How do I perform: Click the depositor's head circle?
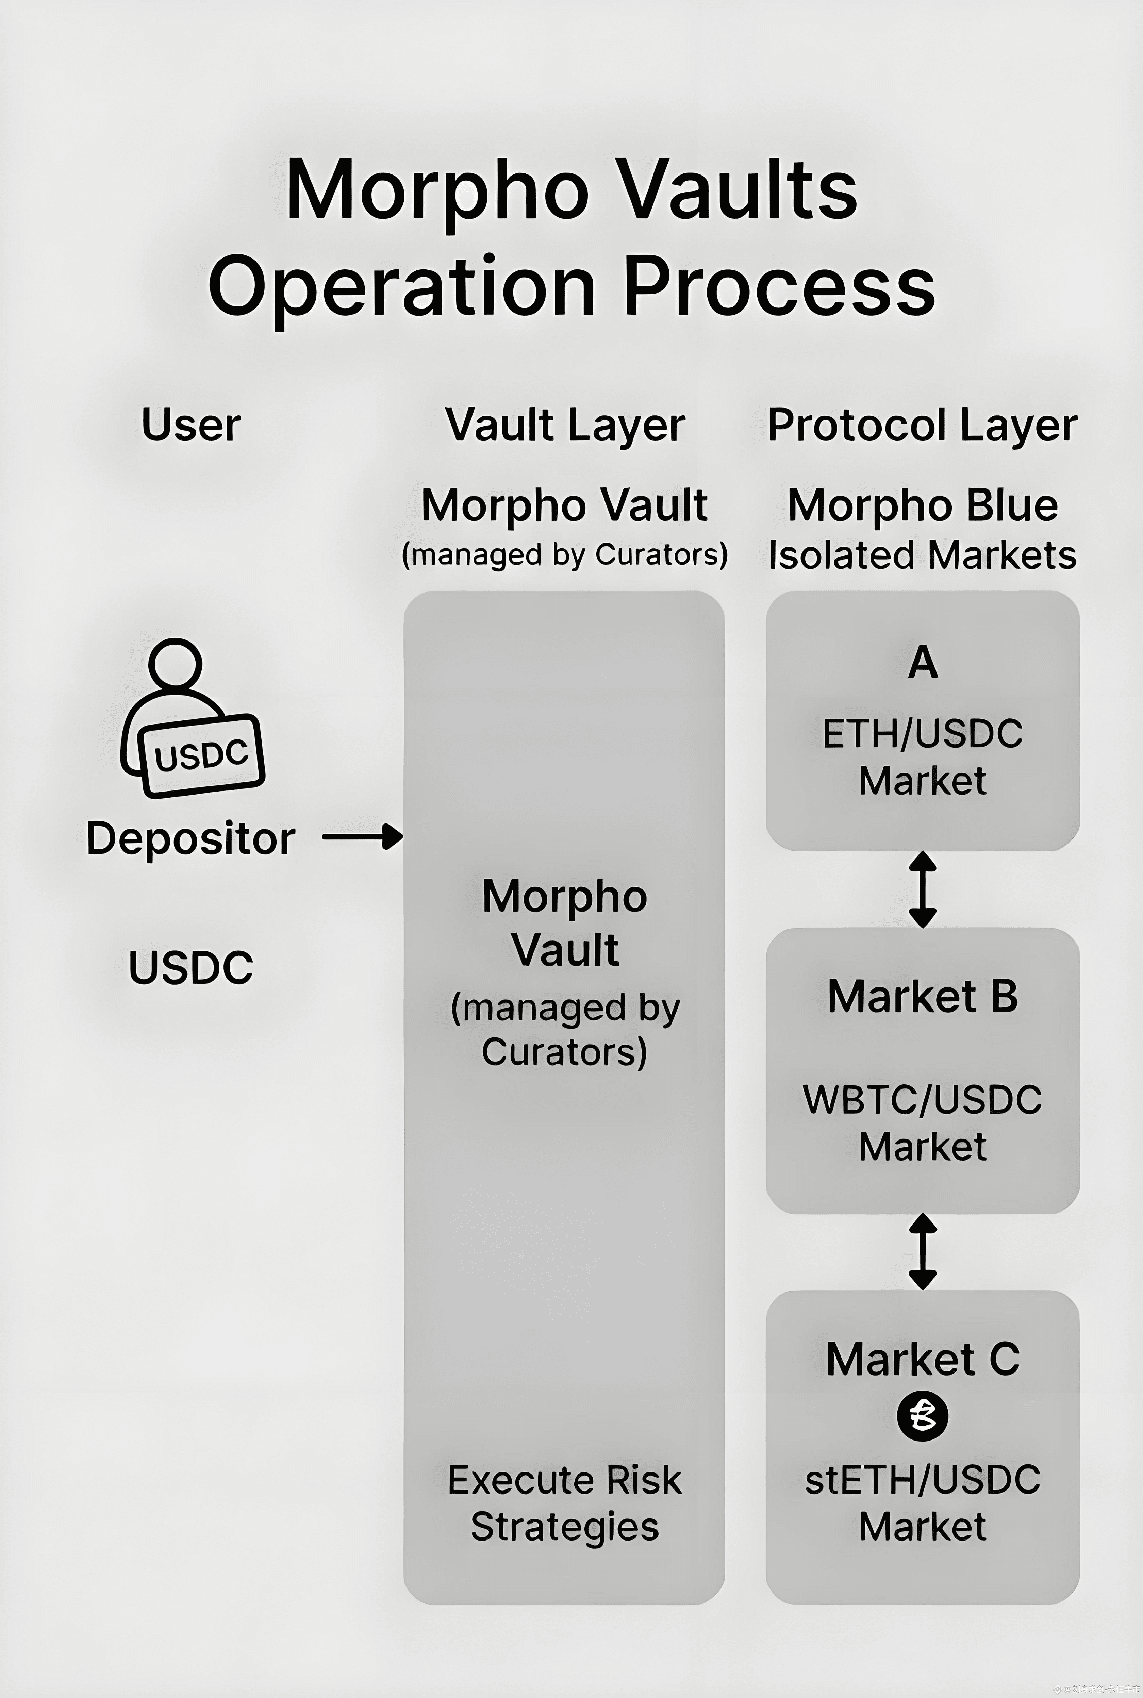175,663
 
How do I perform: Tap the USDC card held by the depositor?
201,755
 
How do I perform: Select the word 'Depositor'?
191,838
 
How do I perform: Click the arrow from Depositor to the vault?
363,837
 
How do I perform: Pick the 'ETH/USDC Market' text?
923,756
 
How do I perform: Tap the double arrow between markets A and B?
923,889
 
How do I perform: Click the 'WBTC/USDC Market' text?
923,1122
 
